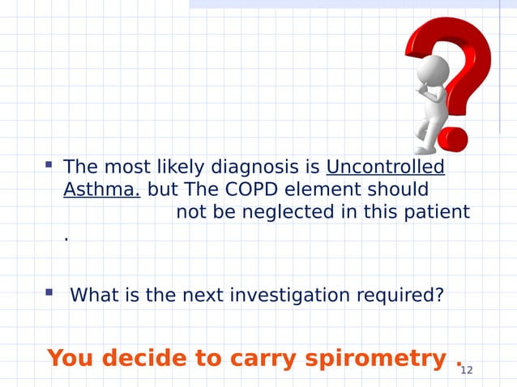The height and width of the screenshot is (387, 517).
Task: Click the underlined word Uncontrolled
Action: (385, 168)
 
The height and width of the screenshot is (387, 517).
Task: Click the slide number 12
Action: (465, 371)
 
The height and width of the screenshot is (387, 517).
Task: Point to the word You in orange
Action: (69, 357)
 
